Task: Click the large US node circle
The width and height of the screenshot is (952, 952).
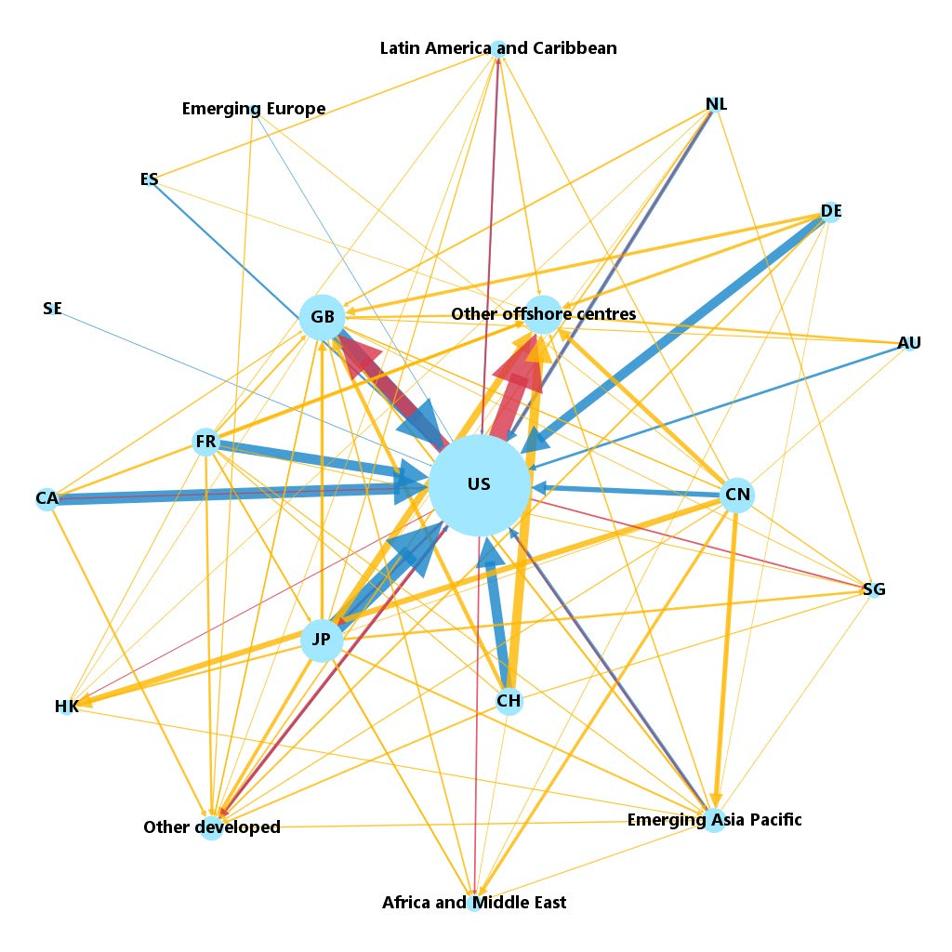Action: pyautogui.click(x=480, y=485)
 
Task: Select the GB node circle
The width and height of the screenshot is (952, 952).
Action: pyautogui.click(x=323, y=317)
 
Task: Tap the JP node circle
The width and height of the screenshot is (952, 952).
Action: pyautogui.click(x=322, y=640)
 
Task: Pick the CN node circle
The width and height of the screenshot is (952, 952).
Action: pyautogui.click(x=737, y=495)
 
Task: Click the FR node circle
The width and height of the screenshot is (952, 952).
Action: pyautogui.click(x=205, y=442)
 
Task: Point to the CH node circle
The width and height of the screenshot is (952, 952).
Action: pyautogui.click(x=509, y=701)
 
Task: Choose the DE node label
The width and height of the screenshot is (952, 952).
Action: pyautogui.click(x=831, y=211)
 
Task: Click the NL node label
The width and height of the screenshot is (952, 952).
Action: pyautogui.click(x=717, y=104)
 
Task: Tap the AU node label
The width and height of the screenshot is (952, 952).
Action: pyautogui.click(x=909, y=343)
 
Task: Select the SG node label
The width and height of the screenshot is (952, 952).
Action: pyautogui.click(x=874, y=588)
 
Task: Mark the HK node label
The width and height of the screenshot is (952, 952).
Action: pyautogui.click(x=67, y=707)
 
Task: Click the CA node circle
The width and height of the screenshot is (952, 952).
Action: pyautogui.click(x=46, y=499)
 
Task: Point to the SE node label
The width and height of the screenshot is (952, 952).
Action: pyautogui.click(x=53, y=309)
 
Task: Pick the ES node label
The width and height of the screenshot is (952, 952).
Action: pyautogui.click(x=150, y=179)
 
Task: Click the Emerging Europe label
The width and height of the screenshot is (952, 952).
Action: pyautogui.click(x=254, y=109)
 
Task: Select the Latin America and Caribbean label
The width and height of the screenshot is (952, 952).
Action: pyautogui.click(x=498, y=48)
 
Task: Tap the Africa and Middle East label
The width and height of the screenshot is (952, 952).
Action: pyautogui.click(x=474, y=902)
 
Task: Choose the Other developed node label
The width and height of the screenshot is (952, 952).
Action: pyautogui.click(x=212, y=826)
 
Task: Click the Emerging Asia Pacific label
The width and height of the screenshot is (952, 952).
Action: pyautogui.click(x=715, y=820)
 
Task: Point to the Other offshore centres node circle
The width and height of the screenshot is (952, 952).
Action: pyautogui.click(x=543, y=314)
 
